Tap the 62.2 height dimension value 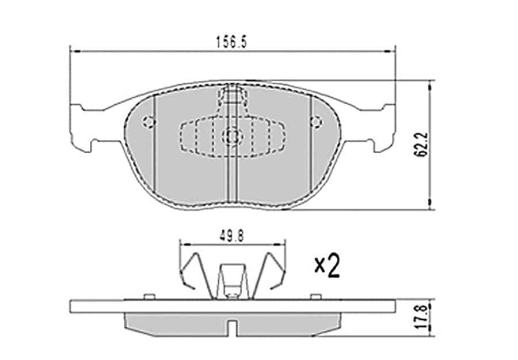point(423,145)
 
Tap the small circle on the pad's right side point(315,122)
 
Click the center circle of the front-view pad point(233,136)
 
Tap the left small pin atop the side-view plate point(148,296)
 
